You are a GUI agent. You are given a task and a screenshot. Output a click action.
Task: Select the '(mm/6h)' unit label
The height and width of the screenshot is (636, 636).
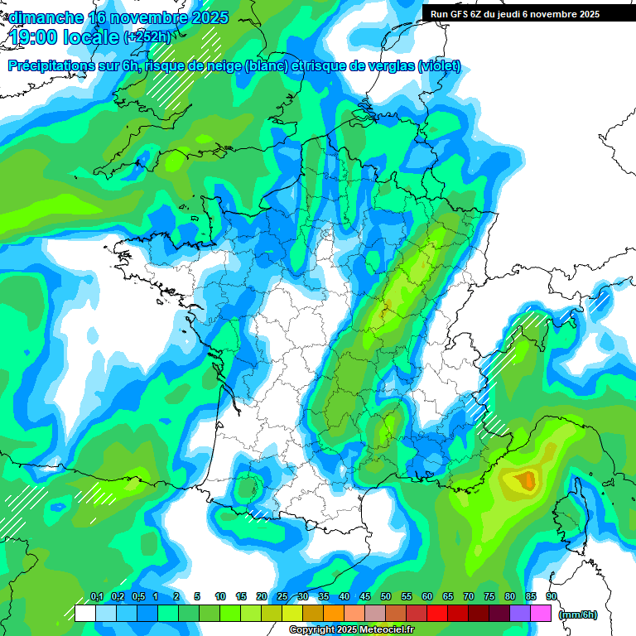click(x=577, y=614)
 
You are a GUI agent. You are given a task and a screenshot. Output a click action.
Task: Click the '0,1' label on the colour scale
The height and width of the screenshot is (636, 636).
click(x=96, y=597)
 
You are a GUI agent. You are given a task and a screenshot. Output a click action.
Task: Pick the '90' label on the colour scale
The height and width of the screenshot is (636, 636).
click(x=551, y=597)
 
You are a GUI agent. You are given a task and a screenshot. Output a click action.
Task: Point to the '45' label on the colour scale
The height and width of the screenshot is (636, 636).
click(x=365, y=597)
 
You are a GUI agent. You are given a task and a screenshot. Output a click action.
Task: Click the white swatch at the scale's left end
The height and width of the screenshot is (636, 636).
click(x=84, y=614)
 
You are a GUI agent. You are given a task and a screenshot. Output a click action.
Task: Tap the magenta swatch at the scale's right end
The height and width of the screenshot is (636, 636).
click(x=541, y=614)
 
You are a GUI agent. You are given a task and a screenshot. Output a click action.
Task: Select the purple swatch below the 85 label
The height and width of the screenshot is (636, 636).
click(x=520, y=614)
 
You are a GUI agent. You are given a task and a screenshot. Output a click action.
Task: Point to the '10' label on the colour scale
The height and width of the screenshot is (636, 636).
click(x=220, y=597)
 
